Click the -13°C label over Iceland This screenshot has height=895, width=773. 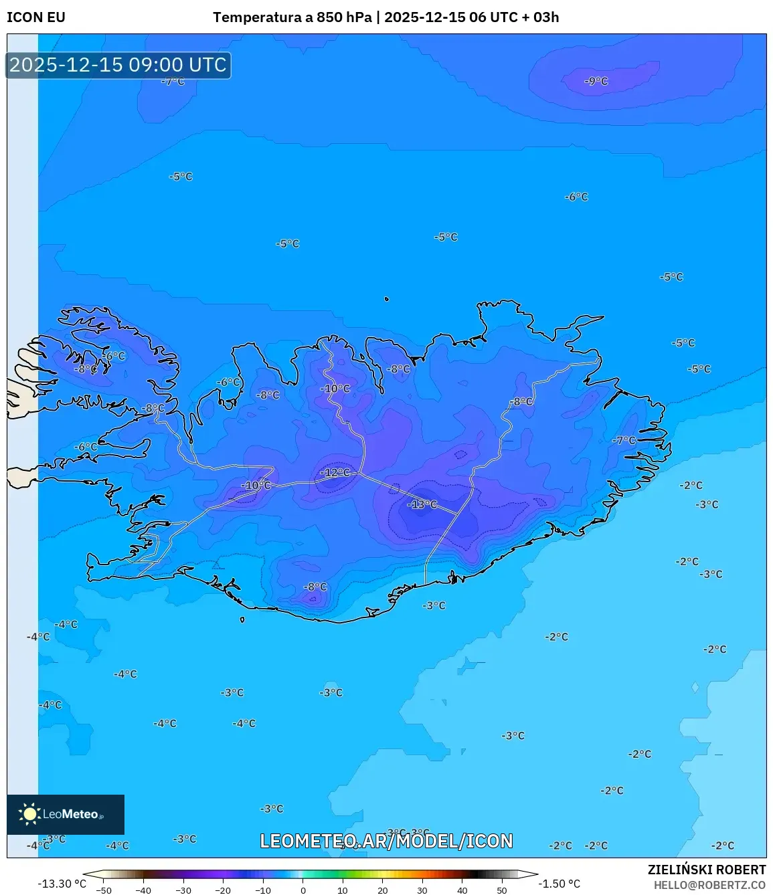point(422,504)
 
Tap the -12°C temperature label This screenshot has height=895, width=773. point(335,472)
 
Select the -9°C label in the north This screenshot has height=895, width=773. point(596,81)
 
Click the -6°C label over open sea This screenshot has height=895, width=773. point(576,197)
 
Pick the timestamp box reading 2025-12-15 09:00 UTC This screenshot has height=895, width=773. point(118,65)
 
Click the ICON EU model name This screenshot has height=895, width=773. point(36,17)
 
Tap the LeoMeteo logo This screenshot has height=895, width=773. point(65,814)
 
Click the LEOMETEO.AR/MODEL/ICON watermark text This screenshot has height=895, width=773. point(386,841)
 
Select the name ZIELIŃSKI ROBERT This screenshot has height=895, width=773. point(706,870)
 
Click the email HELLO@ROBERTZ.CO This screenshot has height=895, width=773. point(709,884)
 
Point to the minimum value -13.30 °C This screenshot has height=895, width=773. point(62,884)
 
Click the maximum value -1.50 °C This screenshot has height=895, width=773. point(560,884)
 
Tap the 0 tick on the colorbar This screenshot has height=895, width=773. point(303,890)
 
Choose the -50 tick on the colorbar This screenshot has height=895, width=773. point(103,890)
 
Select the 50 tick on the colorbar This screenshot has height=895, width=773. point(502,890)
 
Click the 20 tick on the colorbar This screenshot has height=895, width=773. point(383,890)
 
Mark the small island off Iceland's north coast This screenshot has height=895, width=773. point(386,299)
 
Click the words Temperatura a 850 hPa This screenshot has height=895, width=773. point(292,17)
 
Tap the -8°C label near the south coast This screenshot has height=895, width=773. point(315,587)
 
